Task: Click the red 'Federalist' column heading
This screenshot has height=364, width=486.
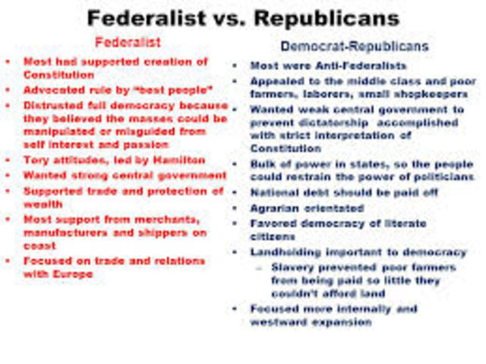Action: click(x=127, y=43)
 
